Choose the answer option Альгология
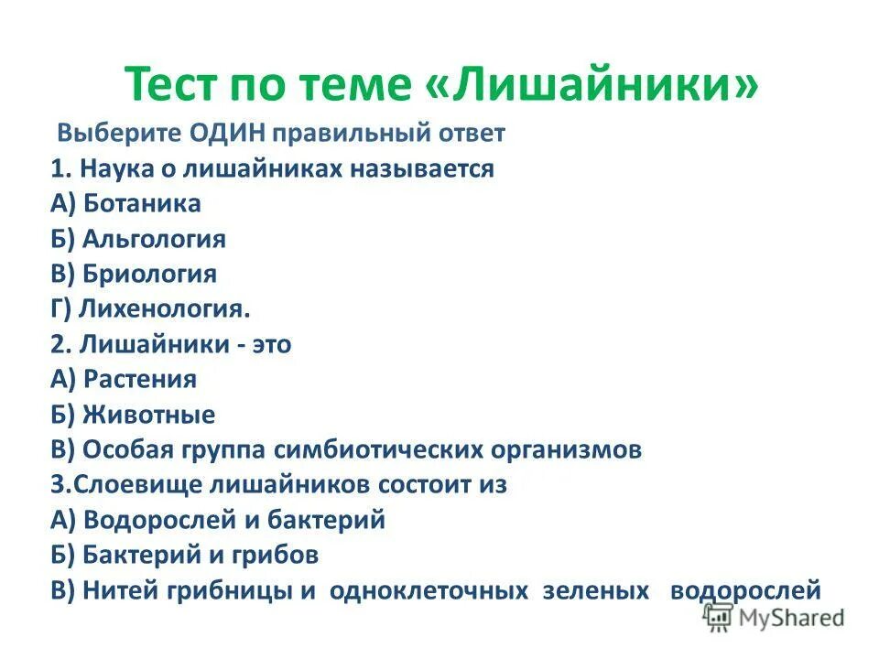pos(153,239)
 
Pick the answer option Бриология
pos(149,274)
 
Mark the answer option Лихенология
pos(164,309)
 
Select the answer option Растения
pos(139,379)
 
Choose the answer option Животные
pos(148,415)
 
